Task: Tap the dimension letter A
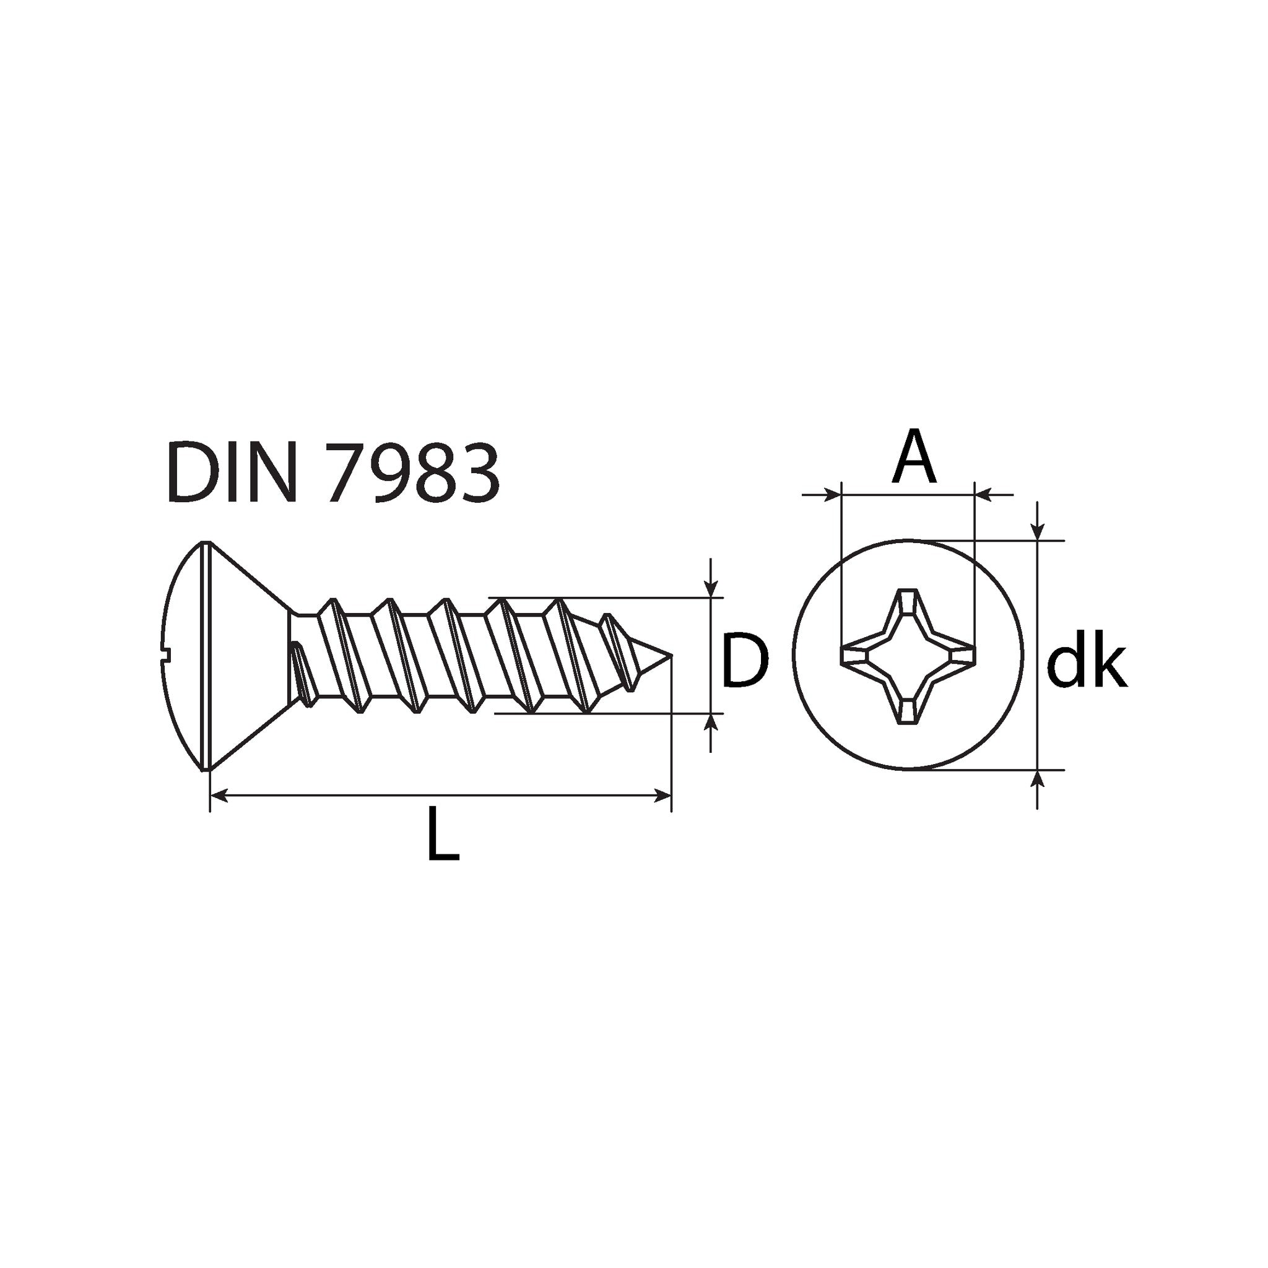click(914, 456)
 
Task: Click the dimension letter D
click(745, 660)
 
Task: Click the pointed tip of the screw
click(671, 655)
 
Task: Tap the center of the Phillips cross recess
click(908, 656)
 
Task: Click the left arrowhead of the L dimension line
click(218, 796)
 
